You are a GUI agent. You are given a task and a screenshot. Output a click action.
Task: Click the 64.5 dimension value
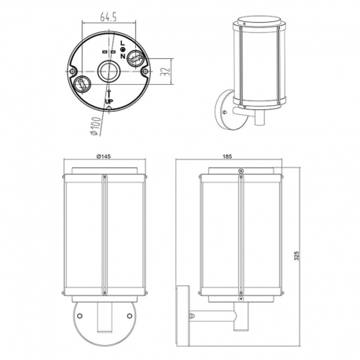pos(108,17)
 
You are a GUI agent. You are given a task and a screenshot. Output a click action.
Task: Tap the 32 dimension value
pos(165,72)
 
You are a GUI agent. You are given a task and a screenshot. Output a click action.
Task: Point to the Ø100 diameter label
pos(96,126)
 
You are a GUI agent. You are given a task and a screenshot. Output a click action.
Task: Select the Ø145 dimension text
pos(103,156)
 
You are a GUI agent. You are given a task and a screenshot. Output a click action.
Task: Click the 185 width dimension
pos(227,156)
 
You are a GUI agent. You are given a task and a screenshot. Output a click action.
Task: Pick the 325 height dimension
pos(296,255)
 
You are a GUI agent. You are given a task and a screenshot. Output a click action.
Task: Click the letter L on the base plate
pos(122,43)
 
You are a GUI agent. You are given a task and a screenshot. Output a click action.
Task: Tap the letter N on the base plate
pos(123,56)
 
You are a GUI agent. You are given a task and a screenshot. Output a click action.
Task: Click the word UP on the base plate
pos(109,101)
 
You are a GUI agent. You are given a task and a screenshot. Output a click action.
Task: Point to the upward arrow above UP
pos(109,94)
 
